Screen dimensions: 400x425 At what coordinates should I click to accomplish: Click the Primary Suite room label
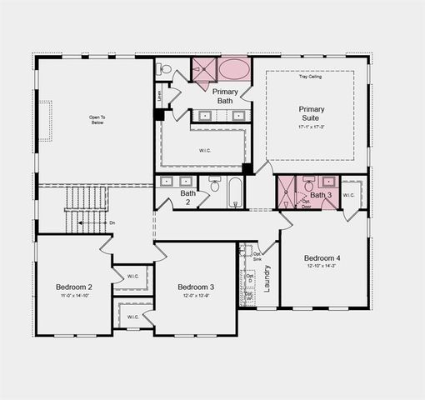click(311, 114)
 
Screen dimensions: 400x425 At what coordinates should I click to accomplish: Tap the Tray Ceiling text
click(311, 77)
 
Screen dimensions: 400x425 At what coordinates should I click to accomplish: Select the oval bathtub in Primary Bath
click(233, 69)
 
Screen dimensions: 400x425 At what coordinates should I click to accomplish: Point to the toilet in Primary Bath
click(165, 68)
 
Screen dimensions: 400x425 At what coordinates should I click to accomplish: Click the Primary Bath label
click(225, 96)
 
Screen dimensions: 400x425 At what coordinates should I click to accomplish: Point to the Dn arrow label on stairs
click(112, 222)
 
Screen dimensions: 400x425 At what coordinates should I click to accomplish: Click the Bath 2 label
click(188, 197)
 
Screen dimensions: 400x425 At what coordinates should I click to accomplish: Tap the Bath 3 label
click(321, 195)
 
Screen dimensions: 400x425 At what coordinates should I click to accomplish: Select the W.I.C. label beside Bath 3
click(348, 196)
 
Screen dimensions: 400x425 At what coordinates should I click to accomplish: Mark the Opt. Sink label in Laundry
click(257, 257)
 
